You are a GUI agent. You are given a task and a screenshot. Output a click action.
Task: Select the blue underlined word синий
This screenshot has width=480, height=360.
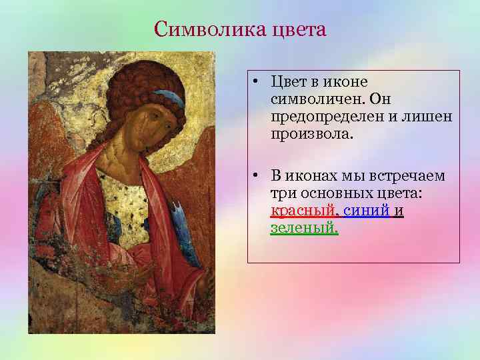(367, 211)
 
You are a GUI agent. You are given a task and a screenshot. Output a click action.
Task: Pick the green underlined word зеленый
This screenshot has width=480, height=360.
(304, 229)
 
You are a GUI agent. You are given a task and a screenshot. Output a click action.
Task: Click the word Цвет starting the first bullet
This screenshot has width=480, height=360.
(287, 82)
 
